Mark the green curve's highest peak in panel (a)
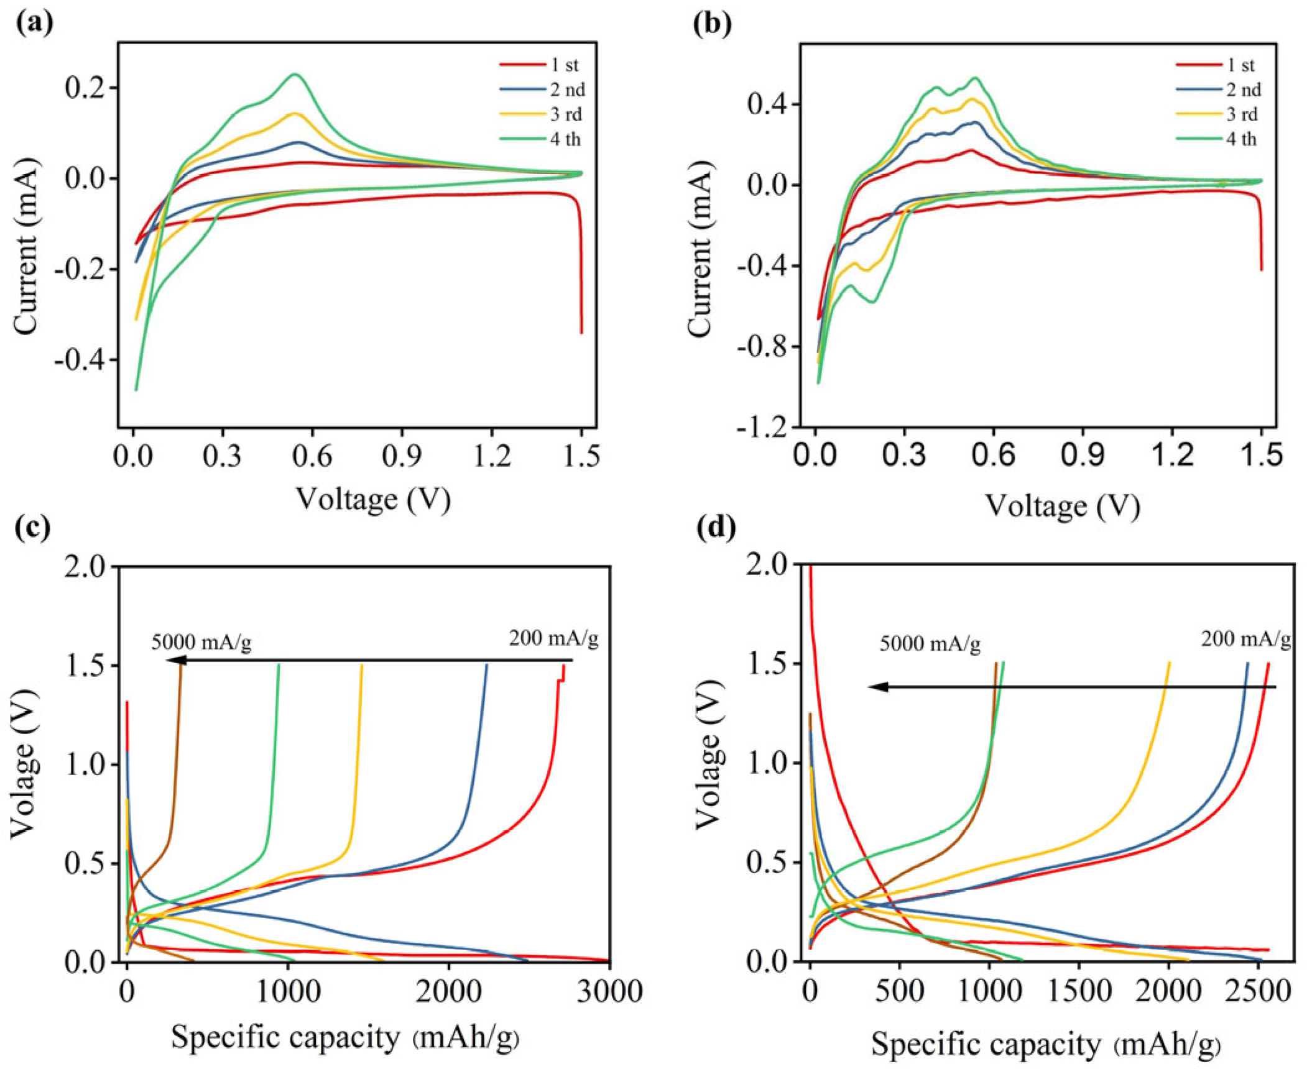point(295,74)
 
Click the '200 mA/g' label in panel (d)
point(1245,640)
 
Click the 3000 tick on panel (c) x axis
point(609,991)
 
